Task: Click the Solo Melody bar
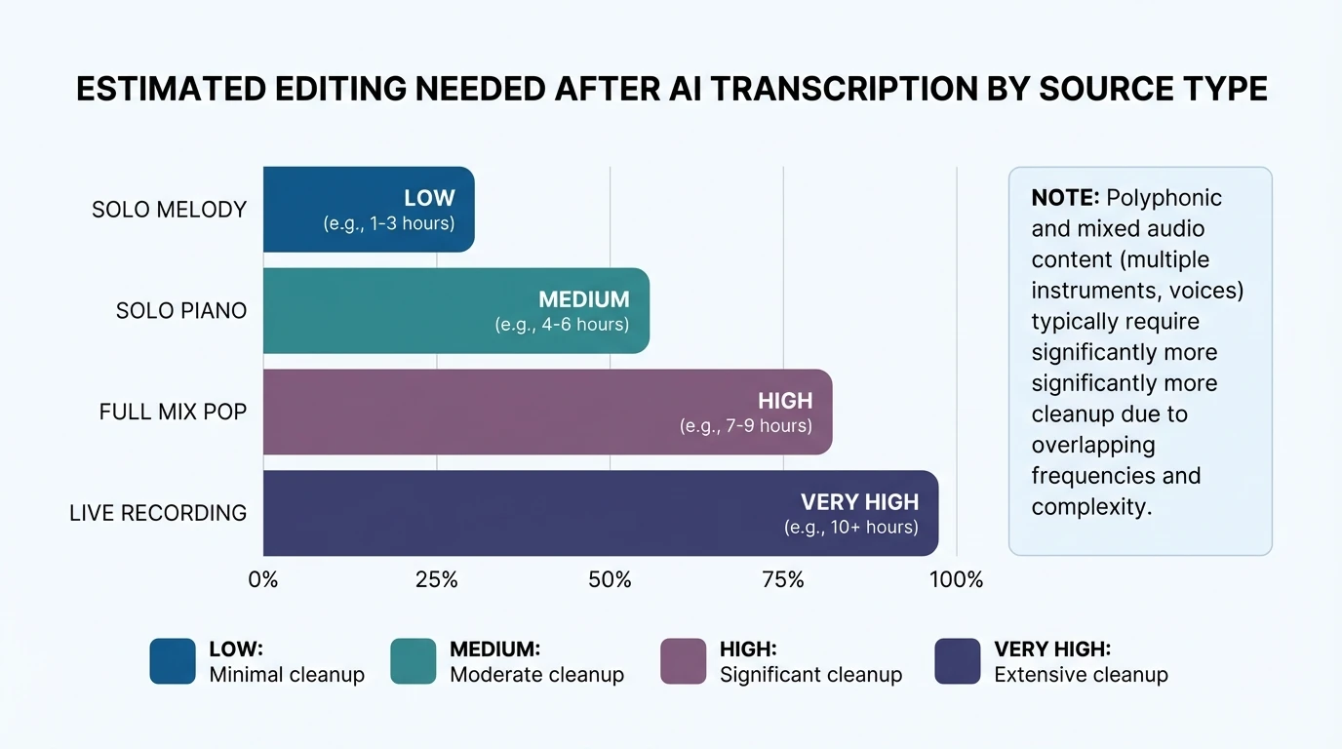[369, 209]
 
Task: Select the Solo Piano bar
[455, 310]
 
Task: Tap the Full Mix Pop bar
[547, 412]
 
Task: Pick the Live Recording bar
[600, 513]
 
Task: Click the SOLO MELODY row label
[169, 210]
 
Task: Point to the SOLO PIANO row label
[180, 311]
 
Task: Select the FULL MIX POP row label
[173, 413]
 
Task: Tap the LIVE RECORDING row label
[158, 513]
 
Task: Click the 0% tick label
[263, 580]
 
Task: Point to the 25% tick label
[436, 580]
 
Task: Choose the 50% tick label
[610, 580]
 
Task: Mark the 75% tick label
[783, 580]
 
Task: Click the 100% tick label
[956, 580]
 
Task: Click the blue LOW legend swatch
[173, 661]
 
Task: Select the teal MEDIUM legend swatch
[414, 661]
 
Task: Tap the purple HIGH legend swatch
[683, 661]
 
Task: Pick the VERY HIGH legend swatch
[957, 661]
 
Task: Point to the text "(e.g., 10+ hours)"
[850, 528]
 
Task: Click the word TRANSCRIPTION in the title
[832, 89]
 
